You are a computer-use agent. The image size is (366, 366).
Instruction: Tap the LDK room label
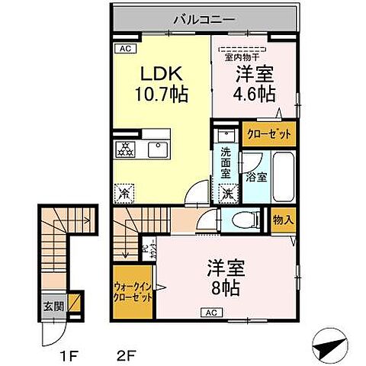(158, 74)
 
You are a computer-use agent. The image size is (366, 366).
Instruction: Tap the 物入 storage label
(282, 220)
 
